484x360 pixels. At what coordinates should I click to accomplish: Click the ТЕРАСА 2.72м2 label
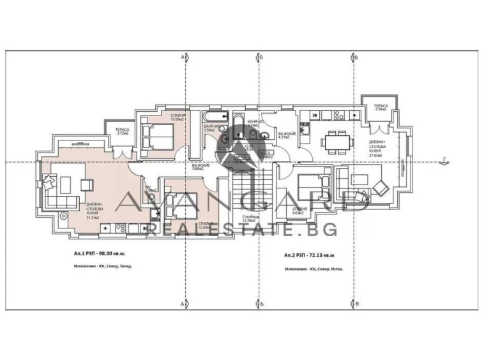point(122,131)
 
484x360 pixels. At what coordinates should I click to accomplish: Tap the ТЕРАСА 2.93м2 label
point(380,108)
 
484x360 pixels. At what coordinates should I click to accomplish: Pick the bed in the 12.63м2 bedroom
point(178,197)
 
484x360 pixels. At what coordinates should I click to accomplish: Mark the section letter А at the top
point(183,57)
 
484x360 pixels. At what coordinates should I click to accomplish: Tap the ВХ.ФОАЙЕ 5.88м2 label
point(201,167)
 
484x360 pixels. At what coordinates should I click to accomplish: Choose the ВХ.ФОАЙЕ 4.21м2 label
point(284,135)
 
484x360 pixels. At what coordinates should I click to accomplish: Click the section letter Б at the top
point(262,57)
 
